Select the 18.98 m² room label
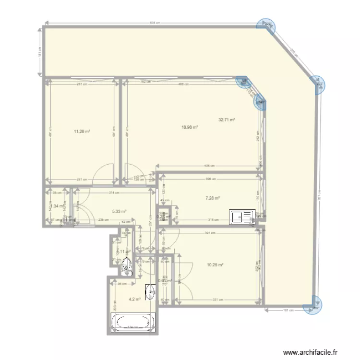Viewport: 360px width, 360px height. pos(190,127)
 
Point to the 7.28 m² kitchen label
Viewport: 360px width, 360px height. pos(212,198)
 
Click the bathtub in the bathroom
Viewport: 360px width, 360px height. pos(133,322)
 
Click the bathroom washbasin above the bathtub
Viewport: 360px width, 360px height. pos(150,291)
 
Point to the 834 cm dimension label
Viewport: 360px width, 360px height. pos(155,23)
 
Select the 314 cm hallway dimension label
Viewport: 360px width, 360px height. pos(114,192)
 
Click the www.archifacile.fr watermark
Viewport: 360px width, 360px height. pos(314,351)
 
